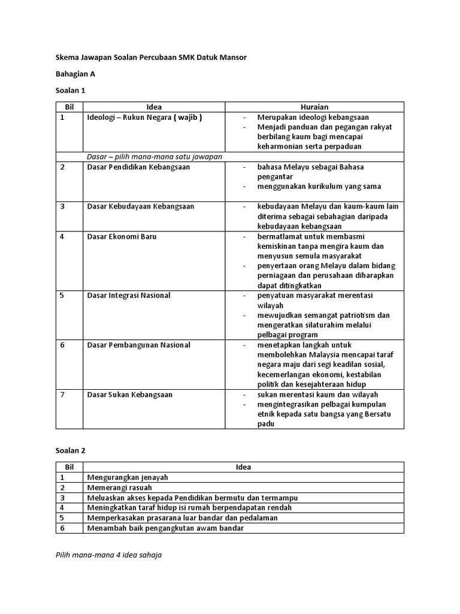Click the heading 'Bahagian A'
75,74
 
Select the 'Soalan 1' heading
71,91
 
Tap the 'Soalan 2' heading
71,449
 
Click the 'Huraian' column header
314,107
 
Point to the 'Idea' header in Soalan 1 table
154,107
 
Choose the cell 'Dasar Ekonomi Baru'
122,236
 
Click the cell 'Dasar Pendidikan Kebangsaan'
138,167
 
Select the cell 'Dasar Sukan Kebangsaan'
129,395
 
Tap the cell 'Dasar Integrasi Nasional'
129,295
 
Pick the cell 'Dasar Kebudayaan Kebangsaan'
140,206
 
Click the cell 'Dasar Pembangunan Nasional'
138,345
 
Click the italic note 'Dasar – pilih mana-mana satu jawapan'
155,156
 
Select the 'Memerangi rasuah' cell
119,487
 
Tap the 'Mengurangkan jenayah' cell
128,477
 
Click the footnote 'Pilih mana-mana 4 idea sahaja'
108,555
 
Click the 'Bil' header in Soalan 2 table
69,467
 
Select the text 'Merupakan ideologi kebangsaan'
313,117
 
